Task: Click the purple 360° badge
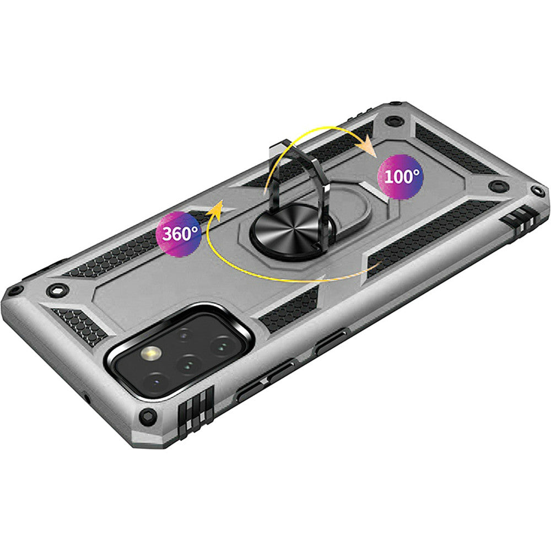(179, 234)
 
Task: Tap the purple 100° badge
(400, 177)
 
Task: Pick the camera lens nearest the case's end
(155, 382)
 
